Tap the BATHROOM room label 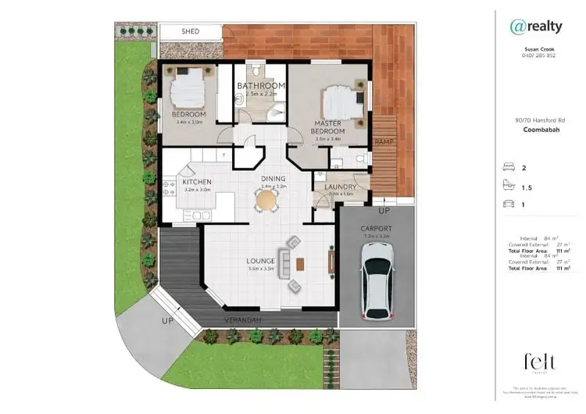pyautogui.click(x=261, y=85)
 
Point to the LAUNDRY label pyautogui.click(x=341, y=187)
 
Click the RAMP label pyautogui.click(x=384, y=141)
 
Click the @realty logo pyautogui.click(x=535, y=27)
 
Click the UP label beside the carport pyautogui.click(x=384, y=211)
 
